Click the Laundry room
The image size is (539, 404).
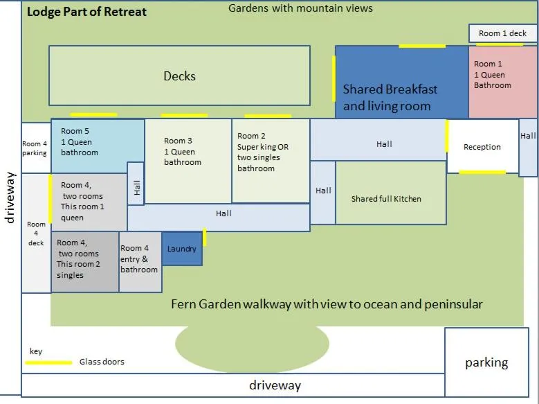pyautogui.click(x=182, y=249)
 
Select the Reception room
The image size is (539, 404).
pyautogui.click(x=482, y=146)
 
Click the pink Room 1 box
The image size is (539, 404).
pyautogui.click(x=503, y=82)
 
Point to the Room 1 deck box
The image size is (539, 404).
pyautogui.click(x=503, y=33)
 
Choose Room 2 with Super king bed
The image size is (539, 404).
pyautogui.click(x=271, y=161)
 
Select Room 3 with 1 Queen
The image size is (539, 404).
pyautogui.click(x=188, y=161)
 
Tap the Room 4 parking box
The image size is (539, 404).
pyautogui.click(x=35, y=148)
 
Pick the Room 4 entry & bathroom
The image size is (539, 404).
pyautogui.click(x=140, y=262)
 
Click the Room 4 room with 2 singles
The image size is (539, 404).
pyautogui.click(x=85, y=262)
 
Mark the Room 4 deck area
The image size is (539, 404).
pyautogui.click(x=36, y=233)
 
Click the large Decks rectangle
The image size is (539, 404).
pyautogui.click(x=179, y=76)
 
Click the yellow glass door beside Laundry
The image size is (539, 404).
pyautogui.click(x=205, y=237)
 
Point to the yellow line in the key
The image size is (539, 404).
pyautogui.click(x=50, y=362)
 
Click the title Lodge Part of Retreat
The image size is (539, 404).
pyautogui.click(x=86, y=12)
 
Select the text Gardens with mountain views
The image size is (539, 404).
pyautogui.click(x=300, y=8)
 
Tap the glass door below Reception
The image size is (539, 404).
pyautogui.click(x=482, y=172)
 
